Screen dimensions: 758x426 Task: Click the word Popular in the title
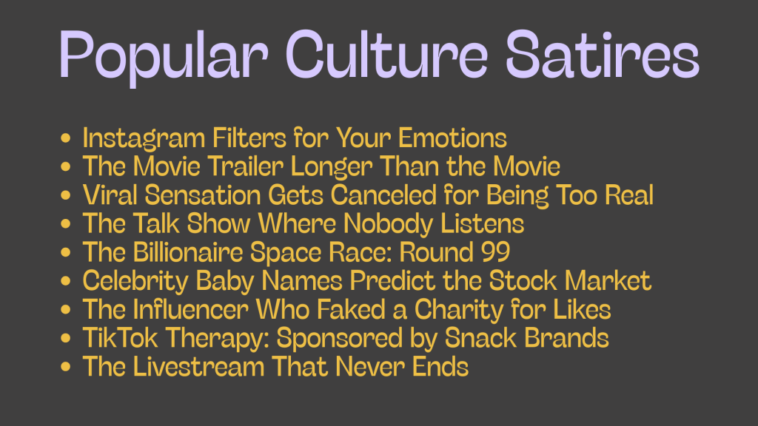coord(164,56)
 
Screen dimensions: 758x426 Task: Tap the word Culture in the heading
coord(386,54)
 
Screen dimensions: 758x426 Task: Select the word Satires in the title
coord(603,54)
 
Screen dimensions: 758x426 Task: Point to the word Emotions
coord(452,138)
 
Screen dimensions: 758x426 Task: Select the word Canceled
coord(384,195)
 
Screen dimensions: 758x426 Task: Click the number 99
coord(495,252)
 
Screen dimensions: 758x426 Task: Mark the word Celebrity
coord(135,282)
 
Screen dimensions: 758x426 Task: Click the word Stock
coord(523,280)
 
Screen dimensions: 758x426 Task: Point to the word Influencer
coord(190,309)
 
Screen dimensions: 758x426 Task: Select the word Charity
coord(459,311)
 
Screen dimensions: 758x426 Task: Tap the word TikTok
coord(121,337)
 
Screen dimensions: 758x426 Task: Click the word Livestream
coord(198,366)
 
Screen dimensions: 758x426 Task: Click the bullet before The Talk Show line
coord(66,223)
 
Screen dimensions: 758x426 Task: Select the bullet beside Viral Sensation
coord(66,195)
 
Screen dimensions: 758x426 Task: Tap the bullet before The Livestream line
coord(66,366)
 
